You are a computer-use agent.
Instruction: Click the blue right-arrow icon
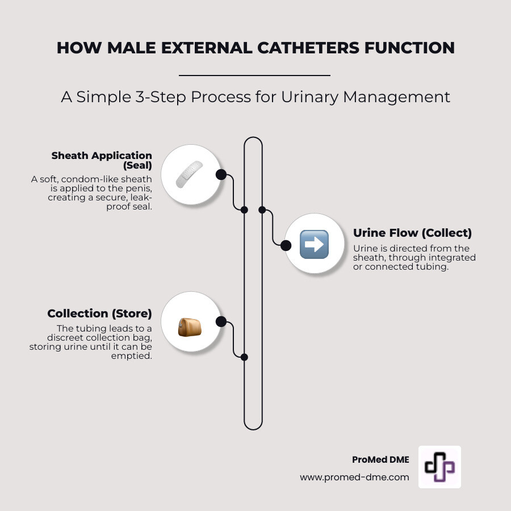pyautogui.click(x=314, y=245)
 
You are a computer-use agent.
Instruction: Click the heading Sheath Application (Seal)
pyautogui.click(x=102, y=160)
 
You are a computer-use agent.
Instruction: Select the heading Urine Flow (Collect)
pyautogui.click(x=412, y=233)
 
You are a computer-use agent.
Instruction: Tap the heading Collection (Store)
pyautogui.click(x=99, y=313)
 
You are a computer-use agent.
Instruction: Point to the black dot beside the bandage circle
pyautogui.click(x=221, y=174)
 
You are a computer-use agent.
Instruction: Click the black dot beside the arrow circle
pyautogui.click(x=286, y=245)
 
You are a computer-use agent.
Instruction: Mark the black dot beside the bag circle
pyautogui.click(x=221, y=322)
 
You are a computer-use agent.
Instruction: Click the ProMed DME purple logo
pyautogui.click(x=439, y=467)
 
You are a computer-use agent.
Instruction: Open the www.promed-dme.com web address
pyautogui.click(x=354, y=478)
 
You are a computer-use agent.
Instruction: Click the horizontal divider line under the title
pyautogui.click(x=254, y=75)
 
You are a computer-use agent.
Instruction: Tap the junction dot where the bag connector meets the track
pyautogui.click(x=244, y=357)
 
